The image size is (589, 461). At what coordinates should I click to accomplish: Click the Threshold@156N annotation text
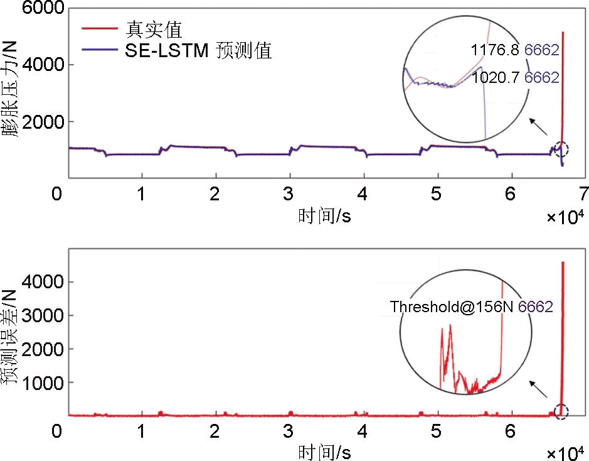pyautogui.click(x=452, y=307)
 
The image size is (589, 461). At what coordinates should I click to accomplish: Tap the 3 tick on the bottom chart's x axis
pyautogui.click(x=289, y=432)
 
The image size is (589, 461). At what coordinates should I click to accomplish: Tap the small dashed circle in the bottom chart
pyautogui.click(x=561, y=412)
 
